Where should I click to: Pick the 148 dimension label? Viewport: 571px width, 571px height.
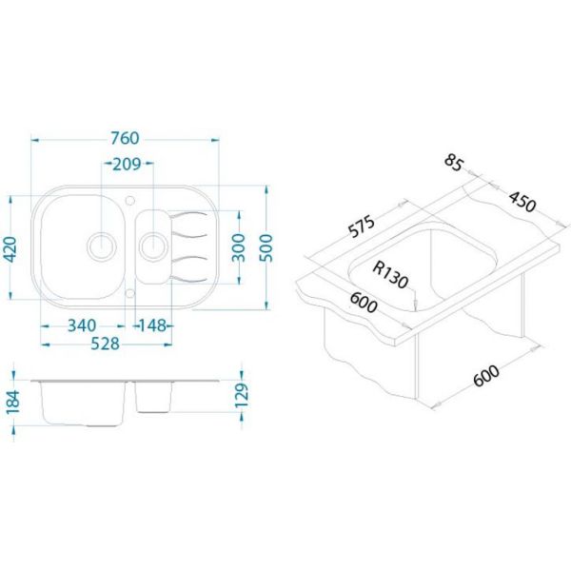point(153,325)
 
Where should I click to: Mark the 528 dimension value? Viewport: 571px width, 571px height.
point(105,344)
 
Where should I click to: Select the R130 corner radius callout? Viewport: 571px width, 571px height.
point(390,275)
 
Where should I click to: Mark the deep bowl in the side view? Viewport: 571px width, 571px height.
point(84,404)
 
